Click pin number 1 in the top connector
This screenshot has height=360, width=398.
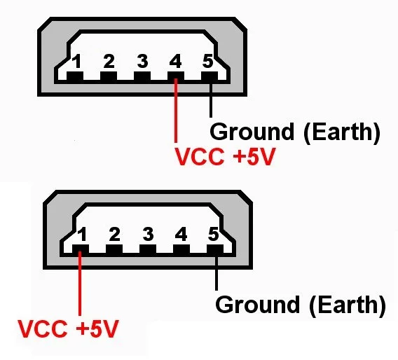tap(76, 61)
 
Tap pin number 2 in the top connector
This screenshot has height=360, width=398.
tap(109, 61)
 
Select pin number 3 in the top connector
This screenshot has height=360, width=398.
tap(142, 61)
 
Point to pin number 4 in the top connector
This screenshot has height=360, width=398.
tap(176, 61)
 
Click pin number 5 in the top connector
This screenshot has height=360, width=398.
tap(208, 61)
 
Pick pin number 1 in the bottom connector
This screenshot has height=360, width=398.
tap(82, 234)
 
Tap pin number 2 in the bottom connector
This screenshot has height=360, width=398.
tap(114, 234)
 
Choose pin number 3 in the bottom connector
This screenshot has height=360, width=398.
tap(148, 234)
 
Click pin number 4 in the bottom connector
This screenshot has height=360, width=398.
tap(181, 234)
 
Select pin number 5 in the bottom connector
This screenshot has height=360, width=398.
tap(214, 234)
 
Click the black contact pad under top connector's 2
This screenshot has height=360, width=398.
tap(109, 76)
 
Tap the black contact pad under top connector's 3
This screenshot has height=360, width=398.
tap(142, 76)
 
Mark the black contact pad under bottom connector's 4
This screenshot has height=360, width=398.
tap(181, 249)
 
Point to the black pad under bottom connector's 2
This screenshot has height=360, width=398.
tap(114, 249)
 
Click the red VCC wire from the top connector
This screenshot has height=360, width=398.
tap(176, 111)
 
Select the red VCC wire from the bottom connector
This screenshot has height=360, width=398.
tap(80, 284)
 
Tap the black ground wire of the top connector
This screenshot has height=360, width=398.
tap(211, 99)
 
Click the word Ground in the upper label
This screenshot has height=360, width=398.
tap(252, 132)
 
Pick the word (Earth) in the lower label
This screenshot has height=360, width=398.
tap(348, 305)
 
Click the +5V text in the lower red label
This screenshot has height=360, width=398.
tap(97, 328)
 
